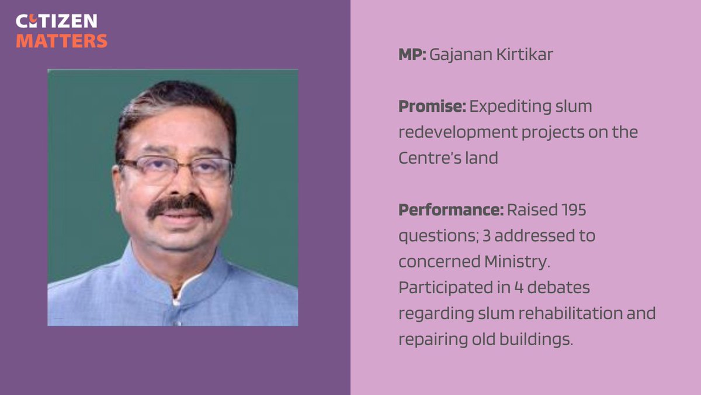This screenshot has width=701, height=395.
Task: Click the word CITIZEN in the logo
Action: tap(56, 22)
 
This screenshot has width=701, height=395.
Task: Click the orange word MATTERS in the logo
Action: tap(61, 40)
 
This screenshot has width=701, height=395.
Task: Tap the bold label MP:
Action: tap(412, 56)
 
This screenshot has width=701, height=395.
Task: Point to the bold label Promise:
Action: tap(432, 107)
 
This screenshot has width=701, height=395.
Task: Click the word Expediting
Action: tap(505, 107)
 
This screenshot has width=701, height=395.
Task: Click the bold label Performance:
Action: tap(450, 209)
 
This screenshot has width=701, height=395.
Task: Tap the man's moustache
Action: tap(179, 207)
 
